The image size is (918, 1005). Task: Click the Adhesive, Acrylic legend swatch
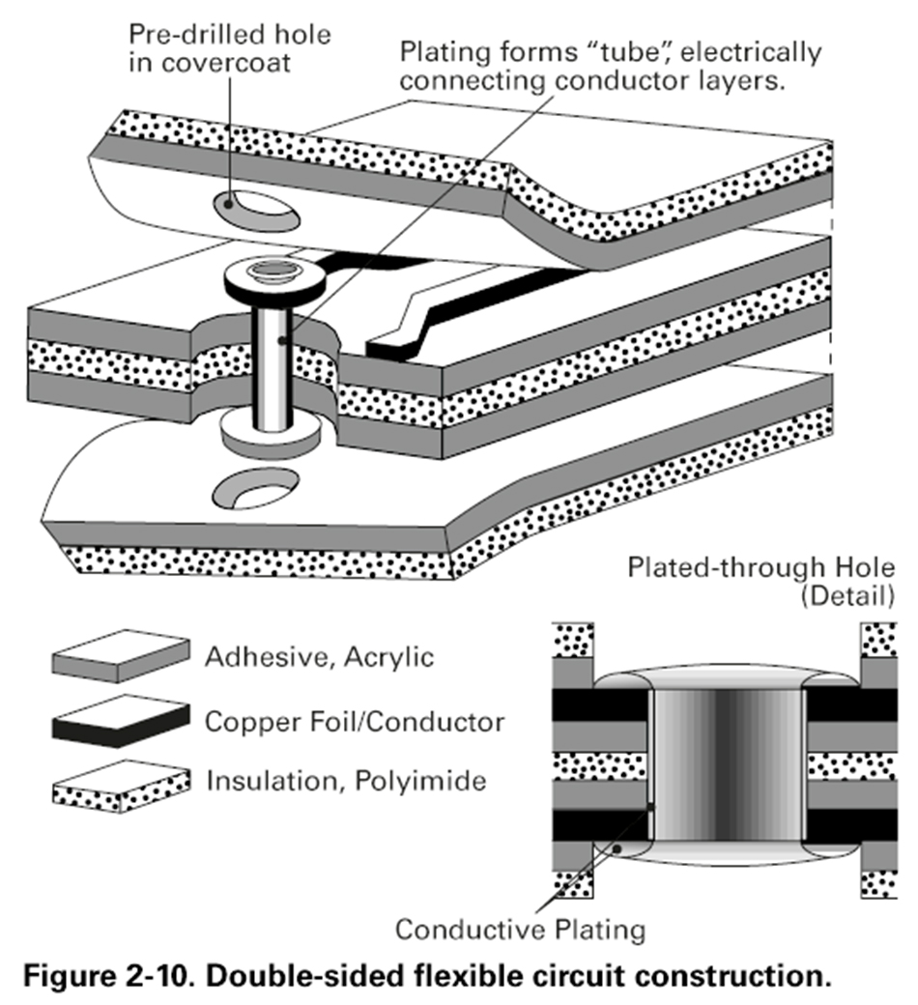(121, 656)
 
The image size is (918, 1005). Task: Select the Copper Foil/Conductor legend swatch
(121, 721)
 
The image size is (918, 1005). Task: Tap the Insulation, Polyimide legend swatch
(121, 787)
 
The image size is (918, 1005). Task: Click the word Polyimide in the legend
(420, 782)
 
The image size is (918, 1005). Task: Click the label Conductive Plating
(520, 930)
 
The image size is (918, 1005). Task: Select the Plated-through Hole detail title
(760, 567)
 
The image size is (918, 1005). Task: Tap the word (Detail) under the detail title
(846, 595)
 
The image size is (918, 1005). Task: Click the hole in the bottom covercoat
(255, 490)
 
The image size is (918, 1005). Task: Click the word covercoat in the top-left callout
(226, 63)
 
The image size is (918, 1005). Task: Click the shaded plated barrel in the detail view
(728, 764)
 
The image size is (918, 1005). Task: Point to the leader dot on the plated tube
(282, 340)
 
